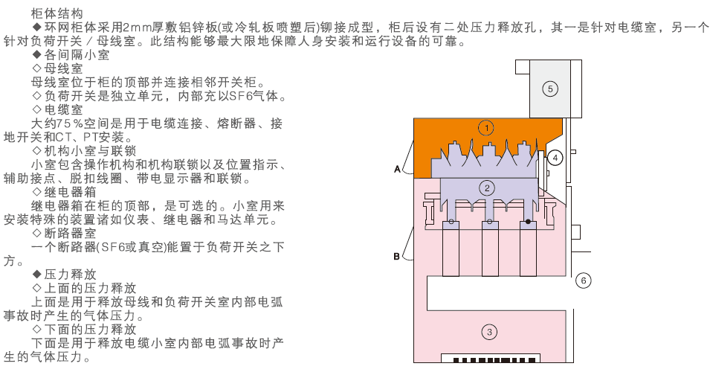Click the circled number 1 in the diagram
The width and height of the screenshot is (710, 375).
click(x=486, y=127)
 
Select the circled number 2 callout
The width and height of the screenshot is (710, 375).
click(x=486, y=187)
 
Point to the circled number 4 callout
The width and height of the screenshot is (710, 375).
click(x=554, y=158)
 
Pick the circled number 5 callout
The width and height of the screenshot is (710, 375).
click(x=550, y=89)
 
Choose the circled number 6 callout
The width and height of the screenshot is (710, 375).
click(x=584, y=281)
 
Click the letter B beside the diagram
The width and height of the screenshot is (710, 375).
click(x=397, y=257)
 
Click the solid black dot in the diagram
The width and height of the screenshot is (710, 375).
click(x=529, y=222)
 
